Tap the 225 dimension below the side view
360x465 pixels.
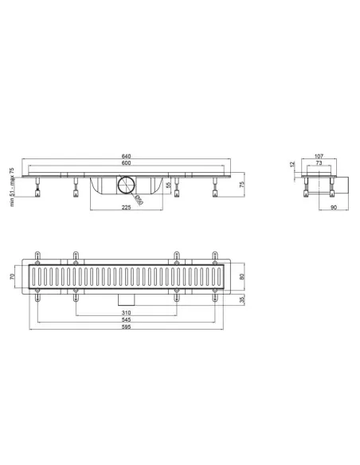[x=126, y=207]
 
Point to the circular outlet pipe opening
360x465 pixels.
[x=126, y=187]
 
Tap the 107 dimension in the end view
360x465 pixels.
[x=318, y=156]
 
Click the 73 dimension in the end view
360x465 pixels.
[x=318, y=164]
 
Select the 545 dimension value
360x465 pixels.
[x=126, y=320]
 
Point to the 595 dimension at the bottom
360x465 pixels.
[x=126, y=329]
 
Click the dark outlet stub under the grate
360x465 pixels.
[x=126, y=299]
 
